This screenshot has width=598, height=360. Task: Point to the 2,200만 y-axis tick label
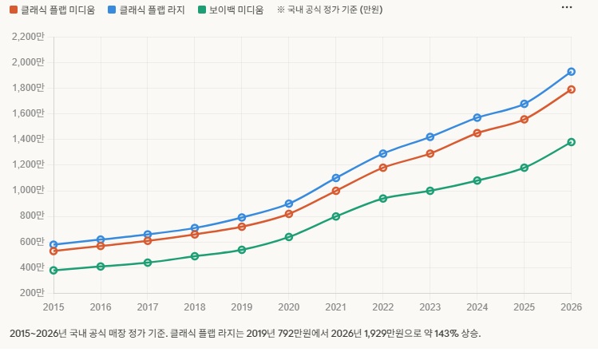(x=30, y=37)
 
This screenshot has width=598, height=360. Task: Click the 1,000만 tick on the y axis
(x=30, y=190)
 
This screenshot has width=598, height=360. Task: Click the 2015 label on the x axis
(x=53, y=307)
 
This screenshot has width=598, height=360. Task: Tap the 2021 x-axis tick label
(x=336, y=307)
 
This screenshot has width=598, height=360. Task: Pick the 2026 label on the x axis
(x=571, y=307)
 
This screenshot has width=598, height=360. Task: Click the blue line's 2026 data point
(x=571, y=72)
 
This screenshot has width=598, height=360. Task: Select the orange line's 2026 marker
(x=571, y=89)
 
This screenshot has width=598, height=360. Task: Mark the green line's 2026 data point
(x=571, y=142)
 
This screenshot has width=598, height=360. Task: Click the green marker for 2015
(x=53, y=271)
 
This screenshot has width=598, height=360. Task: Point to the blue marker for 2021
(x=336, y=178)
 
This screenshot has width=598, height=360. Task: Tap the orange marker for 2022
(x=383, y=168)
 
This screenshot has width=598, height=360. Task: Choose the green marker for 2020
(x=289, y=237)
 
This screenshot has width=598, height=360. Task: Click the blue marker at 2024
(x=477, y=117)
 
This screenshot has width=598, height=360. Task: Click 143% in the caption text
(x=445, y=333)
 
